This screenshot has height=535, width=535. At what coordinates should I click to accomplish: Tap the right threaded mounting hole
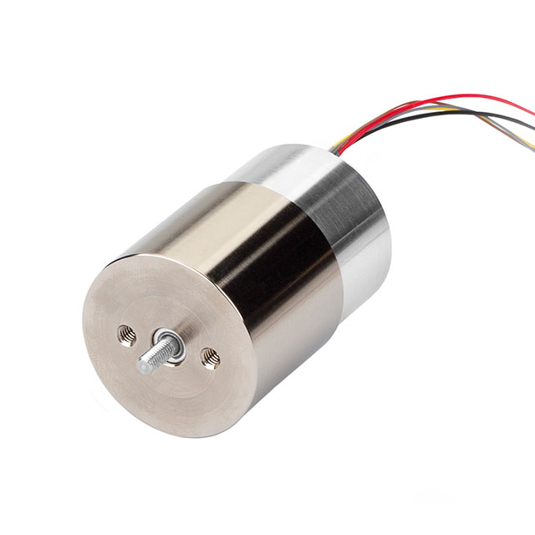click(x=210, y=359)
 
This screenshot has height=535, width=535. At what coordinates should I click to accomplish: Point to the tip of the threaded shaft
click(x=143, y=364)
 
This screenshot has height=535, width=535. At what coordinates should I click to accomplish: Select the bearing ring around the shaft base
click(x=171, y=343)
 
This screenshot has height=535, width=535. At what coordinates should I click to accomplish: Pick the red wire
click(x=418, y=104)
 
